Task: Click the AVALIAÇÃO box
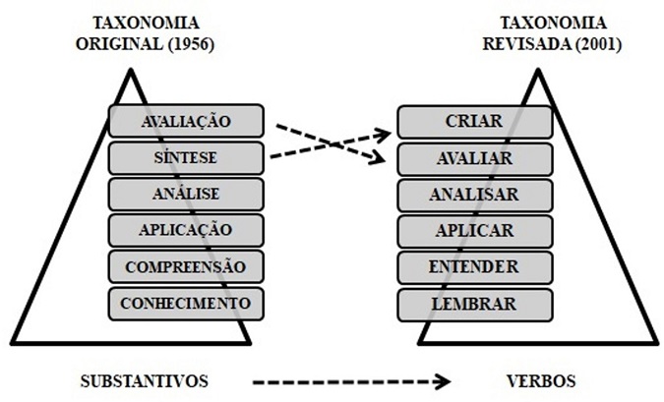[x=186, y=121]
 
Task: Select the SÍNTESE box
[x=186, y=158]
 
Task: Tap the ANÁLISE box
[x=186, y=195]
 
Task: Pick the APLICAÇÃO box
[x=186, y=231]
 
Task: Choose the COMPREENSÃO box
[x=186, y=267]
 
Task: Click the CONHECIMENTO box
[x=186, y=304]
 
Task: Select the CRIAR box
[x=475, y=122]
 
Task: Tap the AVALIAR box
[x=475, y=159]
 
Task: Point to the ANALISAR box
[x=475, y=195]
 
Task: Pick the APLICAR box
[x=475, y=231]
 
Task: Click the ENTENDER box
[x=475, y=267]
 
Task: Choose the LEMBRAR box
[x=475, y=305]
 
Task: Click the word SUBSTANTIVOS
[x=145, y=381]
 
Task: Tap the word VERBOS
[x=542, y=381]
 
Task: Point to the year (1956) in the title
[x=191, y=44]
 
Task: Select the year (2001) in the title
[x=598, y=44]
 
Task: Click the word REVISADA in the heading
[x=527, y=44]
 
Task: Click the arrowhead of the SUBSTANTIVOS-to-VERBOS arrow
[x=444, y=382]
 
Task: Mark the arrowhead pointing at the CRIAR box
[x=384, y=136]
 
